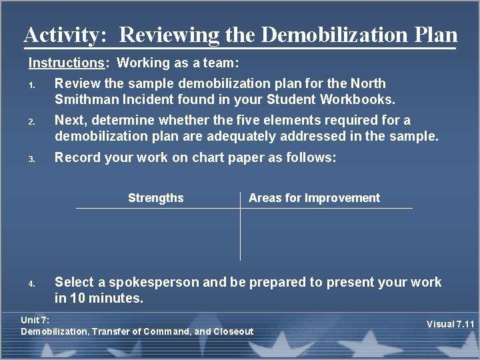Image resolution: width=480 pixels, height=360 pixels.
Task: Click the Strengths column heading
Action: click(155, 198)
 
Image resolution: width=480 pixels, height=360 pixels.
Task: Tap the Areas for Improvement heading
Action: click(314, 198)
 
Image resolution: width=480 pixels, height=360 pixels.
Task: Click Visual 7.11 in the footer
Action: click(450, 325)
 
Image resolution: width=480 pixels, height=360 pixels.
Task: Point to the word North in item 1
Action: click(368, 84)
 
